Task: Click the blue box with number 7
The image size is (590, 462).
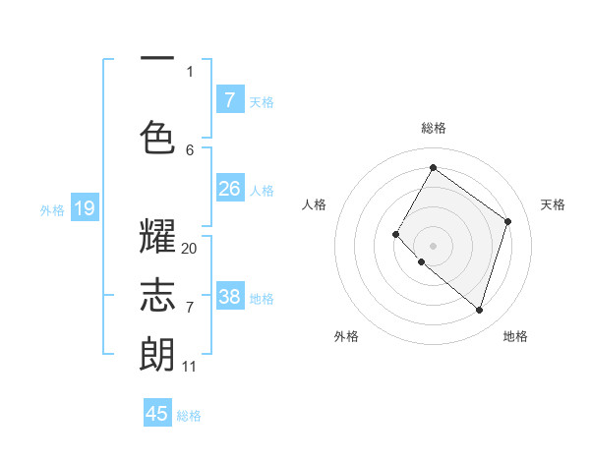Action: [x=229, y=99]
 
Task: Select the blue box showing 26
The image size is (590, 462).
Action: [x=229, y=188]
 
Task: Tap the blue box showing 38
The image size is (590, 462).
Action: [x=229, y=296]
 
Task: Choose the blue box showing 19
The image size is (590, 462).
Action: [x=85, y=207]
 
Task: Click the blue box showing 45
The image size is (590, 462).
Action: [x=157, y=414]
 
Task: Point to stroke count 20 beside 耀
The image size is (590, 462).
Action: [x=189, y=249]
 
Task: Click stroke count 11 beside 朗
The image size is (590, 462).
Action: [x=189, y=367]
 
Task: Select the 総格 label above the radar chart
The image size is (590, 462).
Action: [x=433, y=128]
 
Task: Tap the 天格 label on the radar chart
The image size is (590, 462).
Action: [x=554, y=204]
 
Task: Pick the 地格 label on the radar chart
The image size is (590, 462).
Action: [x=515, y=336]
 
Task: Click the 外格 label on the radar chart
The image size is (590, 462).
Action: [x=346, y=336]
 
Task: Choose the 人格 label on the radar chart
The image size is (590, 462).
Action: [x=314, y=204]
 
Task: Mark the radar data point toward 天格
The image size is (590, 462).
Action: [x=508, y=221]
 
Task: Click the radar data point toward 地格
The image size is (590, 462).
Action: [x=479, y=310]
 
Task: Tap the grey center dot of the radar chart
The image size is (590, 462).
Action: [x=433, y=245]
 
